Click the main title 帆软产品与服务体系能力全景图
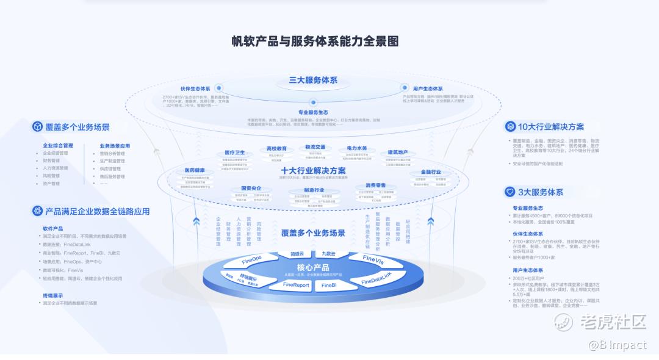tap(314, 41)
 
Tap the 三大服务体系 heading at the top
tap(313, 80)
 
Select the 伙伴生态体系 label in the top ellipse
tap(195, 88)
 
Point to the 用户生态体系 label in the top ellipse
tap(427, 88)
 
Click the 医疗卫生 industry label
tap(235, 153)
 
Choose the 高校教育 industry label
tap(277, 148)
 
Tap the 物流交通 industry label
tap(315, 147)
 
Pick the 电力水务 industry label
tap(357, 148)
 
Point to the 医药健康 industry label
tap(195, 170)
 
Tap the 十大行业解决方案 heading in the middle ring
tap(313, 170)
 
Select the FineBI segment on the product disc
tap(329, 285)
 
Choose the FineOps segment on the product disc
tap(251, 260)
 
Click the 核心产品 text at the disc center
tap(313, 268)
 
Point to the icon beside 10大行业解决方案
tap(510, 127)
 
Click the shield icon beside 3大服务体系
tap(510, 192)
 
